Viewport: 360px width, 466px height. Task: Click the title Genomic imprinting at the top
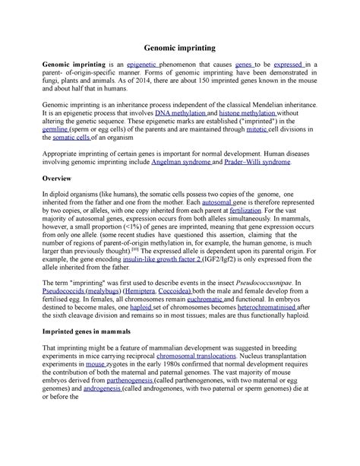[x=179, y=45]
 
